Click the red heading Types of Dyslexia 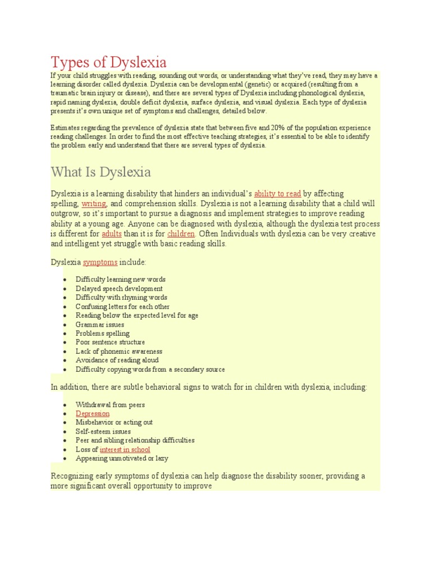pos(108,61)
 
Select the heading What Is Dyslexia pos(100,171)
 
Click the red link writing pos(94,204)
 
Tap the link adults pos(112,234)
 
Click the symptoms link pos(100,262)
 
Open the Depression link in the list pos(93,413)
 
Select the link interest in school pos(125,449)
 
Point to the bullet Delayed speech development pos(119,288)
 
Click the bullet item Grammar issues pos(100,324)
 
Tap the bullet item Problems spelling pos(102,333)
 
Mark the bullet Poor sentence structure pos(110,342)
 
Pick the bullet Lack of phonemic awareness pos(119,351)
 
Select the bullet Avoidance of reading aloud pos(117,360)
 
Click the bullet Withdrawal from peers pos(110,404)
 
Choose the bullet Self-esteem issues pos(103,431)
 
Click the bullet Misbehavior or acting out pos(114,422)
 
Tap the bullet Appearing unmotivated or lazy pos(122,458)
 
